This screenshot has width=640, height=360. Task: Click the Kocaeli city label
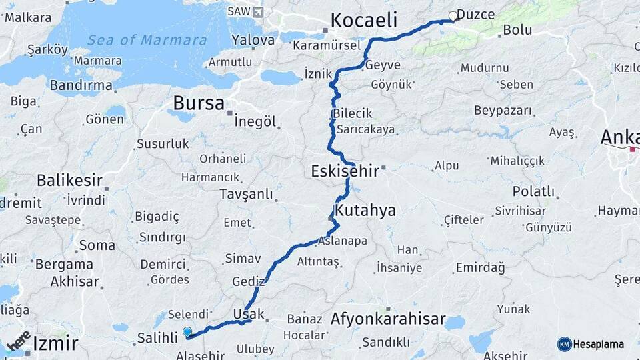[x=364, y=19]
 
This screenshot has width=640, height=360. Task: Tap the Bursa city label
[x=199, y=103]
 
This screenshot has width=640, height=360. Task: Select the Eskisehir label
[x=345, y=171]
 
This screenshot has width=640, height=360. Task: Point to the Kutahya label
[x=365, y=211]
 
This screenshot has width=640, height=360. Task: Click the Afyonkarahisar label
[x=388, y=319]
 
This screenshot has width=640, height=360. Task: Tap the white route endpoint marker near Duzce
[x=453, y=16]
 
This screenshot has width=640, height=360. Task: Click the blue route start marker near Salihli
[x=187, y=331]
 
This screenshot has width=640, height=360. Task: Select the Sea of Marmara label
[x=147, y=40]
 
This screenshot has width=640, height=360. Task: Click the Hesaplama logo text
[x=597, y=344]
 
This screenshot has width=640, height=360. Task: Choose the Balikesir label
[x=70, y=180]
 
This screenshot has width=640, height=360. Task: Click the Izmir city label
[x=55, y=344]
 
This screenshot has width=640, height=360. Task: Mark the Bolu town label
[x=517, y=30]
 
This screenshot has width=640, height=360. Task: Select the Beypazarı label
[x=505, y=110]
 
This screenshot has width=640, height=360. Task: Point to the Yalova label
[x=253, y=40]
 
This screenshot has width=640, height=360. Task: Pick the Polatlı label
[x=533, y=192]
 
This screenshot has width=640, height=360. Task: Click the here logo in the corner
[x=19, y=341]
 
